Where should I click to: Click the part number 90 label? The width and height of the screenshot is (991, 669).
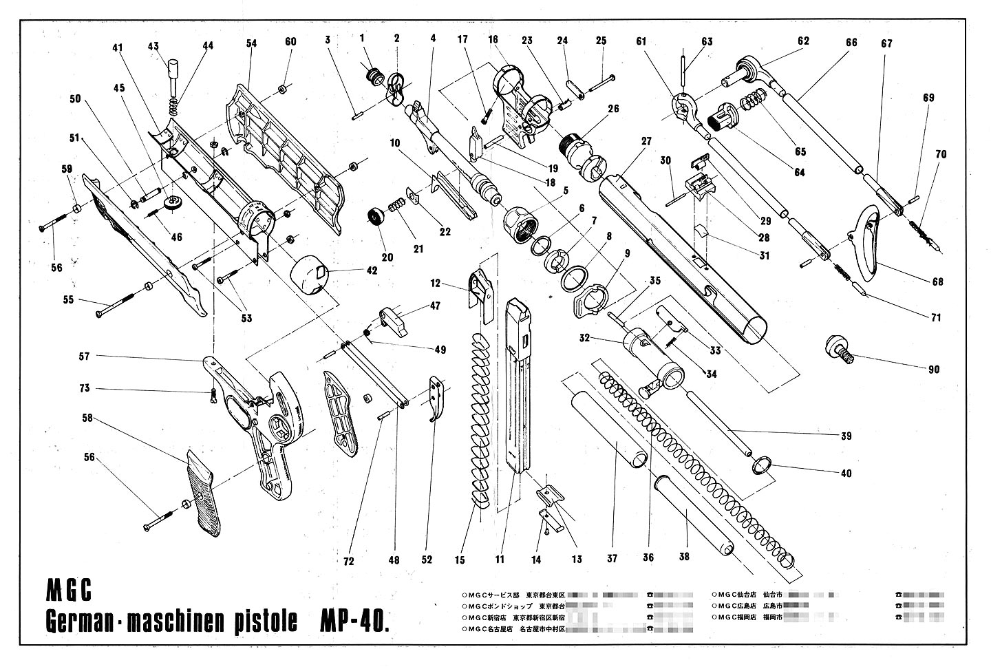point(933,370)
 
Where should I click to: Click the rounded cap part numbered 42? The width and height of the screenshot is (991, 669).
point(311,274)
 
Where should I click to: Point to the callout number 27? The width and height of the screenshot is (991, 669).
point(646,141)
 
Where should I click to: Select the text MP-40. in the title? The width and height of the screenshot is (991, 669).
point(354,622)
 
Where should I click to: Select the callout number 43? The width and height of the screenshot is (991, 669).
point(154,46)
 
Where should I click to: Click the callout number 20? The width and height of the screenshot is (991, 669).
point(387,257)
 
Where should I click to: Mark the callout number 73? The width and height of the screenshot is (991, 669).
point(84,389)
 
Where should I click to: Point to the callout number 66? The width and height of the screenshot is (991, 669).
point(851,43)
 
